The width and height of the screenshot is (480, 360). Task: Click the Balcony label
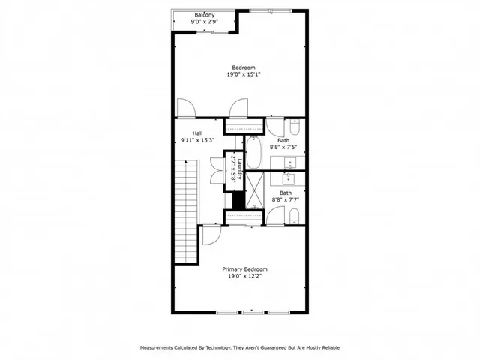pos(204,15)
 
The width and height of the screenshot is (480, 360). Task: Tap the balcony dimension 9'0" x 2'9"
pos(204,22)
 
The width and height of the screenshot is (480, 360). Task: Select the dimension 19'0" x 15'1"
pos(244,74)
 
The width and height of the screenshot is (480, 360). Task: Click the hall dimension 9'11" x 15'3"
pos(198,140)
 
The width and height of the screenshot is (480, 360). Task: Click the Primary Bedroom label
pos(244,269)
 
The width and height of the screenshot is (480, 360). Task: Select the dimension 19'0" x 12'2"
pos(244,276)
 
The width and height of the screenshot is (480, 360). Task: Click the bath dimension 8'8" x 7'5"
pos(284,147)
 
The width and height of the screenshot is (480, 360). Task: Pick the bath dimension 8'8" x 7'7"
pos(286,199)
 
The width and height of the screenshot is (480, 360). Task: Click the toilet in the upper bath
pos(295,126)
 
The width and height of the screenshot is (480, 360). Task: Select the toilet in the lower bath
pos(295,217)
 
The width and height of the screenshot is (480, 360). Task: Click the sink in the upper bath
pos(288,163)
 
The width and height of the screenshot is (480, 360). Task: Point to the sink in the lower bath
pos(288,179)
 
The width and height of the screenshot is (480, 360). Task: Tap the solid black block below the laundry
pos(238,200)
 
